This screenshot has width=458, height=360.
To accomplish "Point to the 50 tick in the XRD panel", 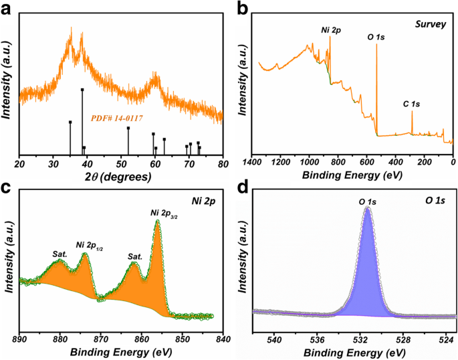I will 122,163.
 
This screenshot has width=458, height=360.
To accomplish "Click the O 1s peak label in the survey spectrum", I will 376,36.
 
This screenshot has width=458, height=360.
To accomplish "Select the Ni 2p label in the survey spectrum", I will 330,30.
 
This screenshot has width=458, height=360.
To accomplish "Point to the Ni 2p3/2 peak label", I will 163,214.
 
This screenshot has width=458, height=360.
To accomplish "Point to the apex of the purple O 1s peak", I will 367,208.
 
